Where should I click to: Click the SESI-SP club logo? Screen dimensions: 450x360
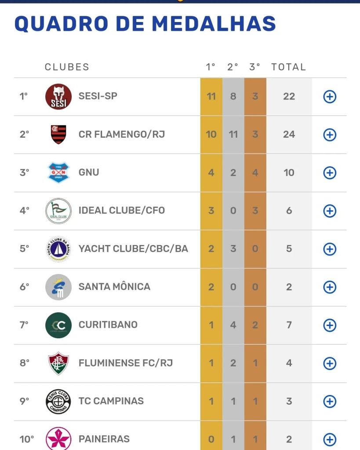coord(58,97)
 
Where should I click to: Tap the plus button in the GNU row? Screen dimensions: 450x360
coord(330,173)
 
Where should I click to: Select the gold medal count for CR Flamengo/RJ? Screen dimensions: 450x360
coord(211,134)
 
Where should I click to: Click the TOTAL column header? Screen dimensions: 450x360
coord(288,67)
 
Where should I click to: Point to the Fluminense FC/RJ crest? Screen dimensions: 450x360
coord(58,363)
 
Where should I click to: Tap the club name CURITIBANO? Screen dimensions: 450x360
coord(108,325)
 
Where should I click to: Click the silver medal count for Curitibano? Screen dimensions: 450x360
coord(233,325)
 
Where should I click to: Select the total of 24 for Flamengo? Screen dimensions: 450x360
coord(289,134)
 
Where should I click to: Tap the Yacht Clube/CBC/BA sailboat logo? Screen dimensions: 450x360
coord(58,249)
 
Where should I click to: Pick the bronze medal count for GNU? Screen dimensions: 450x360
coord(255,172)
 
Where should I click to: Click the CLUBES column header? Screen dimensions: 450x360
coord(67,67)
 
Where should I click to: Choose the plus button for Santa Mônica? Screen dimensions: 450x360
coord(330,287)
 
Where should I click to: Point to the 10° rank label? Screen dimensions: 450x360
coord(27,439)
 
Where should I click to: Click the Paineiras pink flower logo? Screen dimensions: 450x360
coord(58,439)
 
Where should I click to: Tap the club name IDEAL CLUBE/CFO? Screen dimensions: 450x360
coord(122,210)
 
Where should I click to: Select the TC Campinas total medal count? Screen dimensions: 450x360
coord(289,401)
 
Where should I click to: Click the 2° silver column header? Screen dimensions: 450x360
coord(233,67)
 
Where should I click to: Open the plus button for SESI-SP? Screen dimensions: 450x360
coord(330,97)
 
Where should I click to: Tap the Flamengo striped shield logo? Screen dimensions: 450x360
coord(58,135)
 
